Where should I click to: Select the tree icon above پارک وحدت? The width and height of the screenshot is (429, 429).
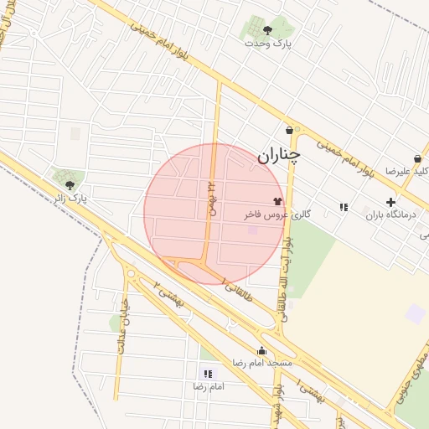tap(267, 30)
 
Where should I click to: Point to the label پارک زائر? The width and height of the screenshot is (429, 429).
tap(71, 198)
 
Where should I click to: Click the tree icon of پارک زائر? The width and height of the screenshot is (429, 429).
tap(70, 185)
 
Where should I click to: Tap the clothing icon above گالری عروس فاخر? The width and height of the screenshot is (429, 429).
tap(278, 202)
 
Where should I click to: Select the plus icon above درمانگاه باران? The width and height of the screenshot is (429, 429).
tap(390, 202)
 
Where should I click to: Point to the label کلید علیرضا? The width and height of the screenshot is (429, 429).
tap(407, 171)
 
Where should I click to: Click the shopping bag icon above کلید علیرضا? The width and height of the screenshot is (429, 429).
tap(417, 158)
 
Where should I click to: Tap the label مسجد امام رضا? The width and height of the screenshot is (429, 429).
tap(262, 364)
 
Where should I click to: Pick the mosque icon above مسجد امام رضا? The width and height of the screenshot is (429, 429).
tap(261, 351)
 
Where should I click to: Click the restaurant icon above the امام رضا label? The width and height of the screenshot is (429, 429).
tap(207, 374)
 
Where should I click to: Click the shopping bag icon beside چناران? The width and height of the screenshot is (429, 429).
tap(289, 131)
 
